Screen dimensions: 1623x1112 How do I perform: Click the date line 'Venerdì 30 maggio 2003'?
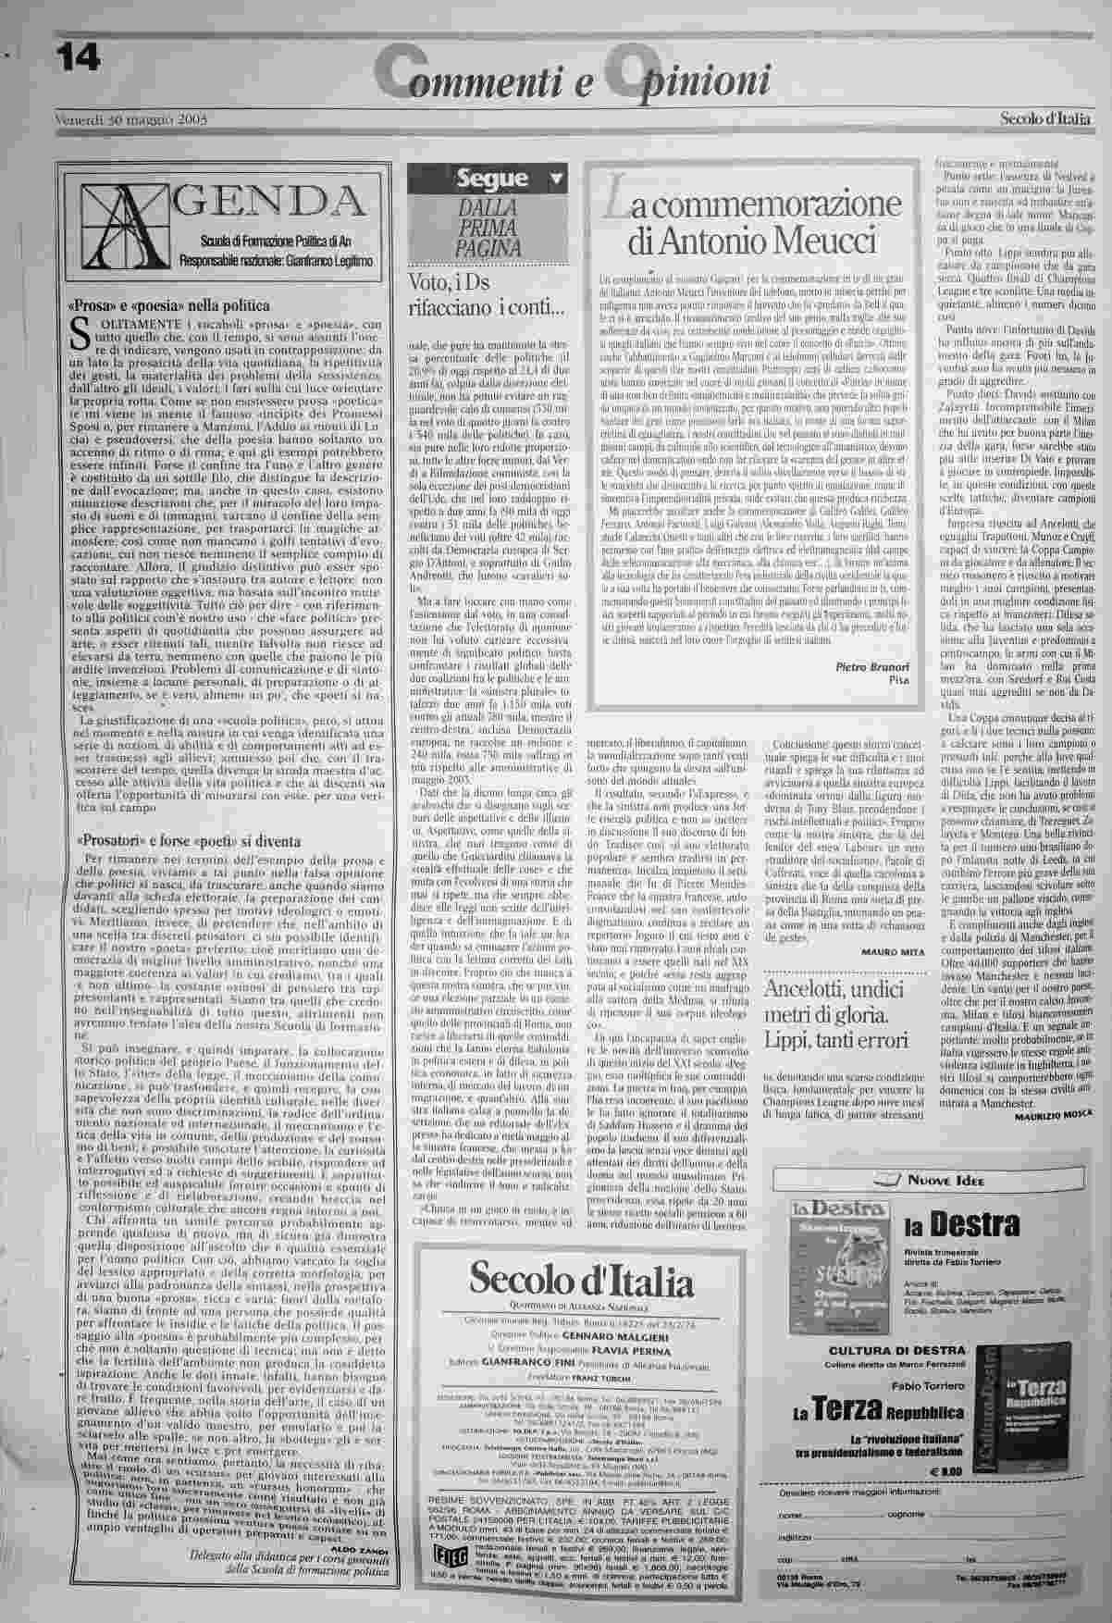(x=129, y=119)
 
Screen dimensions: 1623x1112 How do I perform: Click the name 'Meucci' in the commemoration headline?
(x=818, y=242)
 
